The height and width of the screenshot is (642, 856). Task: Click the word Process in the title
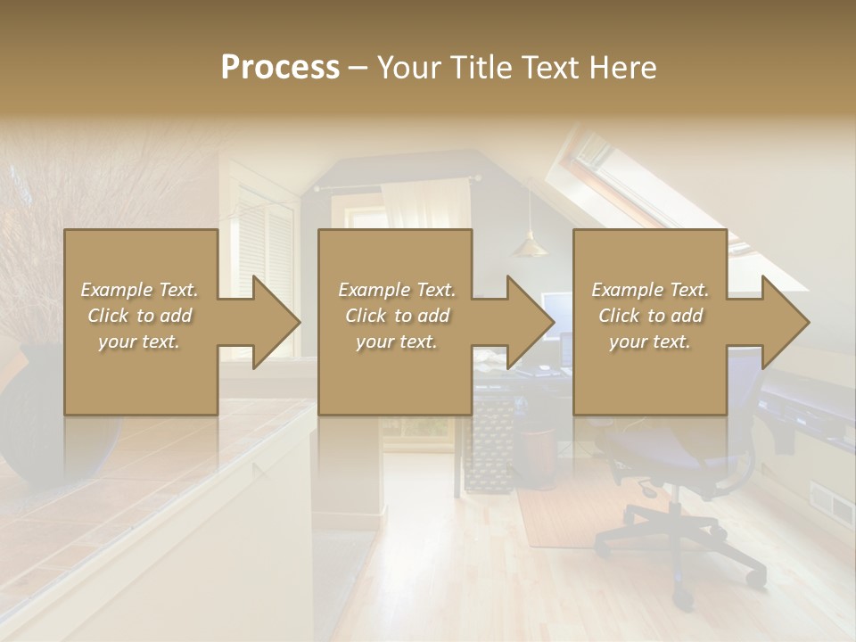click(280, 68)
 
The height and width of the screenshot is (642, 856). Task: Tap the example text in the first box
click(139, 316)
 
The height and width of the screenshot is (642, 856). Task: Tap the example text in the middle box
click(396, 316)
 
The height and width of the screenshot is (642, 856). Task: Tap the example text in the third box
click(649, 316)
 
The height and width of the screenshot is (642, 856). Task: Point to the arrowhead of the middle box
click(530, 322)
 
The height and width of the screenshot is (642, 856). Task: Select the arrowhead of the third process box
click(785, 322)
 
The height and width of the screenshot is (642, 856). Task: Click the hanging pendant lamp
click(530, 246)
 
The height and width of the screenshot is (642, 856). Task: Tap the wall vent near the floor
click(830, 504)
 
